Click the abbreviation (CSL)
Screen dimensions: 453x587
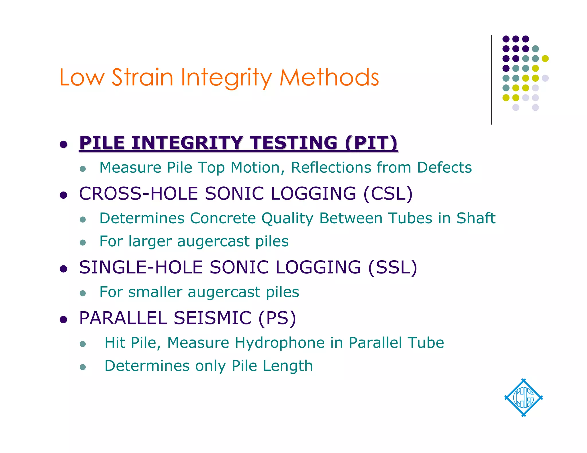click(388, 194)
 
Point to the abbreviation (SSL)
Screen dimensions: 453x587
click(392, 267)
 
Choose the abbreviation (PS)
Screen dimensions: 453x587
click(277, 318)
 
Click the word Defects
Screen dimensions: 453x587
click(444, 168)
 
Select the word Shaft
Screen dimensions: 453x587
click(476, 218)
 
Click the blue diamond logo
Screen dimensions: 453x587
click(523, 397)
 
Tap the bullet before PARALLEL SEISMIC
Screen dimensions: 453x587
click(63, 319)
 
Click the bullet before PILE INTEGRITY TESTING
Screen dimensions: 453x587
click(63, 144)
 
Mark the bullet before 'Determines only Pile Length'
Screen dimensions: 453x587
click(83, 367)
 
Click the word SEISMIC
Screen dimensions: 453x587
click(212, 318)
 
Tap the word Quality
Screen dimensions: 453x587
click(287, 218)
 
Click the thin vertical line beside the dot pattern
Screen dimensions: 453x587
click(491, 80)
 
